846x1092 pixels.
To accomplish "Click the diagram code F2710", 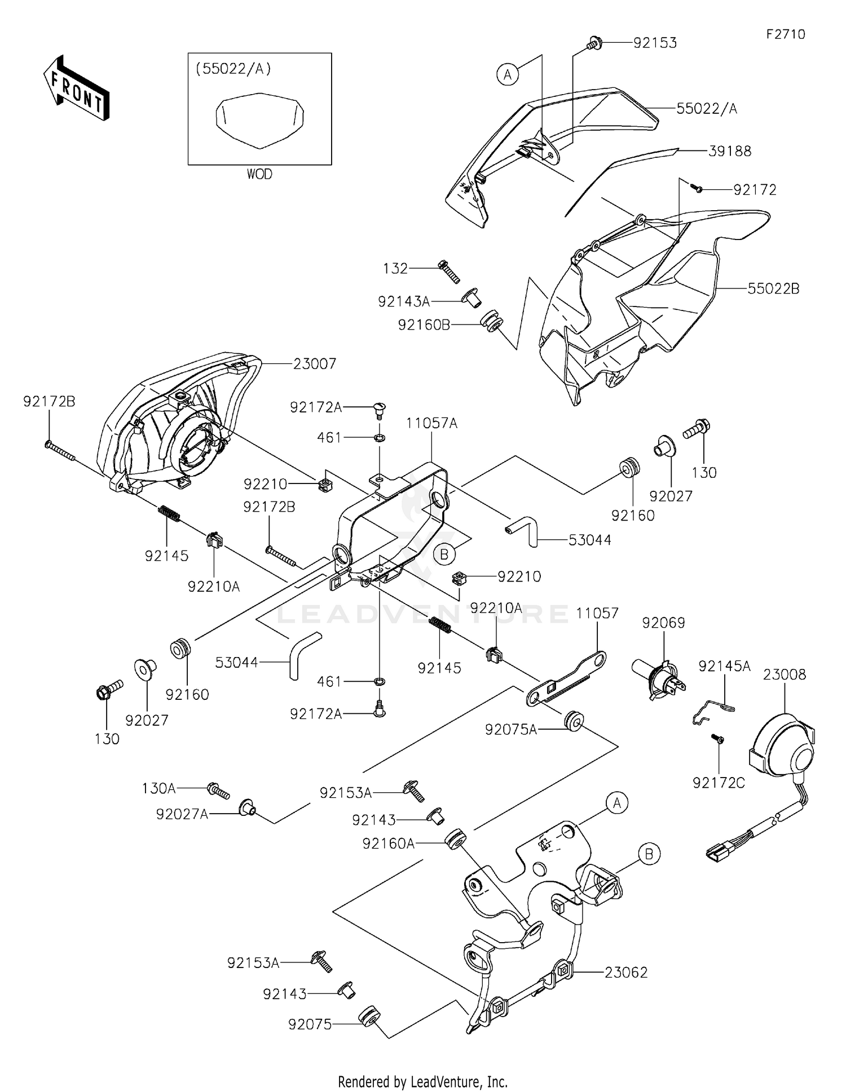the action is click(786, 34).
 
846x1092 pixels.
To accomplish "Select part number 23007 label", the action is click(315, 364).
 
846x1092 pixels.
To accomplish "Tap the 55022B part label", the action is click(773, 288).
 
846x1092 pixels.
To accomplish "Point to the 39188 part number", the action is click(730, 151).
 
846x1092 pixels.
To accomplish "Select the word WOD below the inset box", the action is click(259, 174).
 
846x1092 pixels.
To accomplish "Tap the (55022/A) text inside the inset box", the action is click(233, 69).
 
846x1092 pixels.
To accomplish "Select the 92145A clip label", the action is click(724, 666).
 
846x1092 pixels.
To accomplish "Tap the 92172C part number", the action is click(719, 783).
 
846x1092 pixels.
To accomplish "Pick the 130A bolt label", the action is click(158, 788).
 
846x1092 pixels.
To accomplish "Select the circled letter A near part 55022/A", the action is click(508, 74).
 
